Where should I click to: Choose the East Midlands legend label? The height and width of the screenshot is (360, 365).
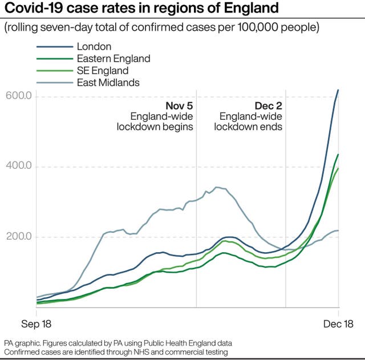coord(108,83)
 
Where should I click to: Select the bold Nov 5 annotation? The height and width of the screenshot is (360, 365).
coord(179,106)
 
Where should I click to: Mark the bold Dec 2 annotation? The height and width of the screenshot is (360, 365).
coord(268,106)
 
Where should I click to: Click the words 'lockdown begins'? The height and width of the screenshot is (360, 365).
coord(155,127)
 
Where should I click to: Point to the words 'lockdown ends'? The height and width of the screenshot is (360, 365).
coord(248,127)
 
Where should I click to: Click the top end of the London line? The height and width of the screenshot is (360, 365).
coord(338,90)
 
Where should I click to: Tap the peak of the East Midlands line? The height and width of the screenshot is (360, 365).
coord(216,187)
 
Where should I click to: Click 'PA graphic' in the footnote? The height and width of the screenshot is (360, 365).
coord(20,343)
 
